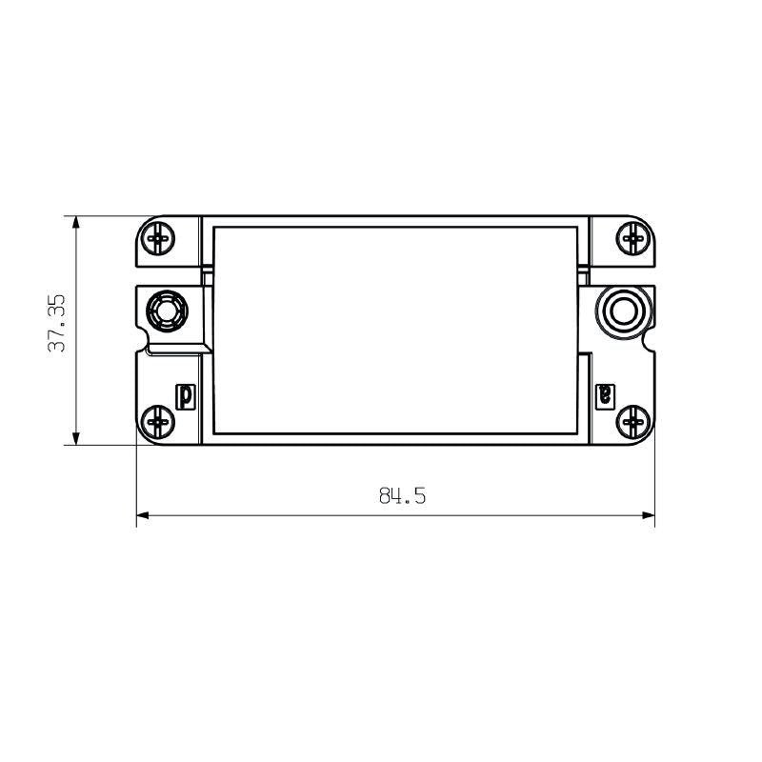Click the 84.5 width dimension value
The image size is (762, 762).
pyautogui.click(x=401, y=496)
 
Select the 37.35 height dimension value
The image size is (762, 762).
pyautogui.click(x=57, y=324)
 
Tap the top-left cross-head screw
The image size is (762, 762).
pyautogui.click(x=159, y=237)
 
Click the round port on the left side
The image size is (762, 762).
pyautogui.click(x=166, y=311)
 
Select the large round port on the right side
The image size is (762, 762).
pyautogui.click(x=624, y=310)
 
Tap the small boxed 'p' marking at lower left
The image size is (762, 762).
pyautogui.click(x=187, y=394)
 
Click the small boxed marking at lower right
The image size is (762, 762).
pyautogui.click(x=604, y=394)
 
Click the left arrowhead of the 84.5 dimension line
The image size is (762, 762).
pyautogui.click(x=143, y=515)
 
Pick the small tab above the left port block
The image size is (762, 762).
pyautogui.click(x=206, y=275)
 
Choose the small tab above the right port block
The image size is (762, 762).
pyautogui.click(x=584, y=275)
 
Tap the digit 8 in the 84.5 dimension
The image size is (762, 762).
pyautogui.click(x=385, y=496)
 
